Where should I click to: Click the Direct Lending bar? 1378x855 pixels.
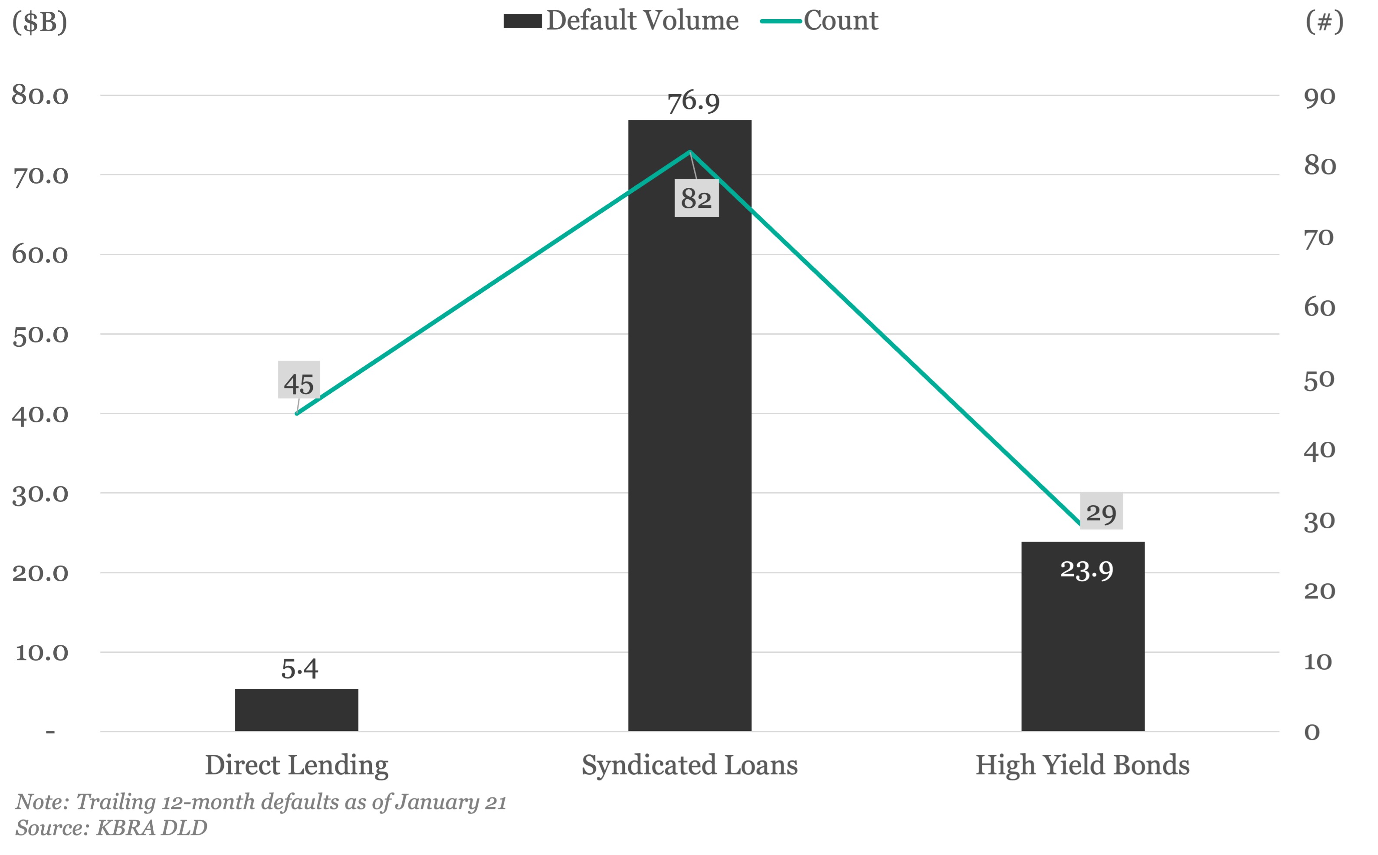click(296, 710)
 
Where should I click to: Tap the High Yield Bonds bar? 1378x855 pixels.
click(1083, 650)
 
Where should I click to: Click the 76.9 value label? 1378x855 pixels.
click(693, 102)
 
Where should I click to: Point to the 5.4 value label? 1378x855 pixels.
click(299, 669)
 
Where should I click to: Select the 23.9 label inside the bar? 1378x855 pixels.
click(1086, 570)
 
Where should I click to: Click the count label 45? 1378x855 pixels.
click(299, 384)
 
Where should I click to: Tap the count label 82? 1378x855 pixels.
click(696, 198)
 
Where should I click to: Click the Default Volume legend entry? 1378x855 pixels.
click(622, 21)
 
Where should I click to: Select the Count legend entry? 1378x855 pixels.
click(820, 21)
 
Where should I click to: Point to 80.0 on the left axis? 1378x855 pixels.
click(39, 95)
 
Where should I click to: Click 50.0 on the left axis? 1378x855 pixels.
click(39, 335)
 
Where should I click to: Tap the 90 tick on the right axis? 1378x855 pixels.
click(1319, 97)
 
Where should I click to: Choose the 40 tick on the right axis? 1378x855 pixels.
click(1319, 451)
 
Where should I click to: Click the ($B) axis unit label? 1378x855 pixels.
click(39, 22)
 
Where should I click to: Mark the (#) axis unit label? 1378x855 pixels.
click(1324, 22)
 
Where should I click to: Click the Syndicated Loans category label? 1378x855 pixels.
click(689, 765)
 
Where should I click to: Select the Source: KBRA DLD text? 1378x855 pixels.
click(112, 828)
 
